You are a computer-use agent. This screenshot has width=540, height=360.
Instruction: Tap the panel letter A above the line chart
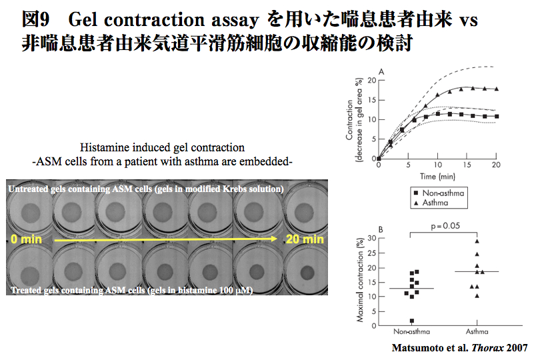pos(381,71)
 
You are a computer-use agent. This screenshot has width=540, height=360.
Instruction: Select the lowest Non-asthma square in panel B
pos(411,321)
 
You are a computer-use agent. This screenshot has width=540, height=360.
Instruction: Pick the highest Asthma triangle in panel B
pos(477,241)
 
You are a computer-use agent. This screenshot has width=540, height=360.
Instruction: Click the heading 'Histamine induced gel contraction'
pos(162,147)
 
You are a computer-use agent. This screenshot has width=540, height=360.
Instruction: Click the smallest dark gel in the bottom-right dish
pos(307,273)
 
